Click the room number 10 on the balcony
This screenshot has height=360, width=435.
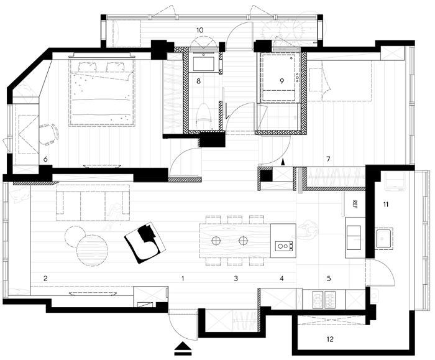(x=199, y=30)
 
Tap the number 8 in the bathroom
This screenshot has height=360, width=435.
(x=198, y=81)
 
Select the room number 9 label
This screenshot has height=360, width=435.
(x=282, y=81)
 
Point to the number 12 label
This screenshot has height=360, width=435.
(x=330, y=339)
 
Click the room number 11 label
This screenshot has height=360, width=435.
(x=386, y=205)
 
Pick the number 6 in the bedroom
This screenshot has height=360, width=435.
(x=45, y=159)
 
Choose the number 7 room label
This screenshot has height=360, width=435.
(x=329, y=159)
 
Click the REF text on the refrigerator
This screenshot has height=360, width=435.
(x=355, y=205)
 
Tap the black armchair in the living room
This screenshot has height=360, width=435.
(x=145, y=242)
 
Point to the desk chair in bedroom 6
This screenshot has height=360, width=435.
(x=48, y=134)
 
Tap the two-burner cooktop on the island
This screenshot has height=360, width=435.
(x=284, y=246)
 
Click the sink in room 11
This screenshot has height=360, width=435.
(x=384, y=238)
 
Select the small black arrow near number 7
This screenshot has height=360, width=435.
(x=283, y=162)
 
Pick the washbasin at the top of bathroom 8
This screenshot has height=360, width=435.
(x=204, y=63)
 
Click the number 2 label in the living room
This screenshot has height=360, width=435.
(x=45, y=279)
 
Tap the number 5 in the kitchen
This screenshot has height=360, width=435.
(x=329, y=279)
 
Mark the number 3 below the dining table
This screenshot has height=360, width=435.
(x=236, y=279)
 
